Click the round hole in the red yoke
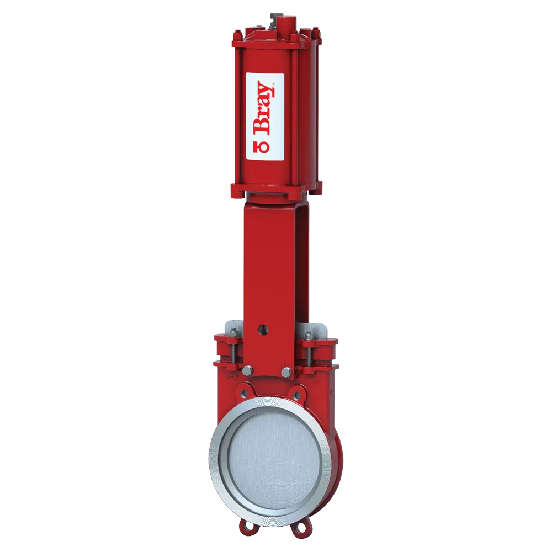pos(264,329)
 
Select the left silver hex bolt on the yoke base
pos(248,371)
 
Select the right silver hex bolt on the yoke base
pos(285,371)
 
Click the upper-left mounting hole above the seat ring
pos(241,394)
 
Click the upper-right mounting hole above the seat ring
pos(298,396)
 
